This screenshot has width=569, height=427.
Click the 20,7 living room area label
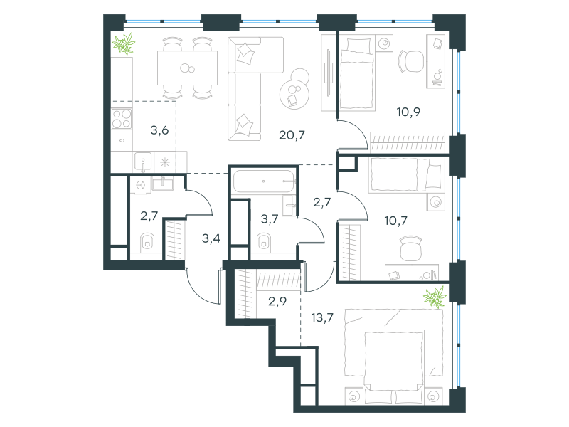(x=292, y=135)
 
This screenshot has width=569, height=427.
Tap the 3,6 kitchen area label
(x=159, y=130)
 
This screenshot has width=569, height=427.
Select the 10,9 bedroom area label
(x=408, y=112)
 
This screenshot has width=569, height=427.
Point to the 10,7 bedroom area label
(x=395, y=221)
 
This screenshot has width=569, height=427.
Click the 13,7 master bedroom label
(x=322, y=317)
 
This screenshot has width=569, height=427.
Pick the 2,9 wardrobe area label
(x=277, y=301)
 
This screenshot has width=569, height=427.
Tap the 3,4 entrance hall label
(x=211, y=238)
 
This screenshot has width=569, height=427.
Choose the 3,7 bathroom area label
(x=270, y=219)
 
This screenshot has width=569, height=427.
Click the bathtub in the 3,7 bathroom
(x=263, y=181)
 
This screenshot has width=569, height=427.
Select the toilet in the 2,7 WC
(x=147, y=242)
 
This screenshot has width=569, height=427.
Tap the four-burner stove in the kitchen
(x=122, y=119)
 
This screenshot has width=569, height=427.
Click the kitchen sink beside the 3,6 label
(x=143, y=162)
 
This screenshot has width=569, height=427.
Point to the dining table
(x=187, y=68)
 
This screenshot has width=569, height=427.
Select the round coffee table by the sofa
(x=294, y=95)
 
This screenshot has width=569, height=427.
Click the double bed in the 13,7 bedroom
(x=394, y=367)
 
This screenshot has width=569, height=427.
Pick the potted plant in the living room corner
(x=124, y=43)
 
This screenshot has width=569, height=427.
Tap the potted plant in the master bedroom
(x=435, y=297)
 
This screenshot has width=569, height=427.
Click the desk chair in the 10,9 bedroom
(x=411, y=61)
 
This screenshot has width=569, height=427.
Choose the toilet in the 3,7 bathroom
(x=264, y=242)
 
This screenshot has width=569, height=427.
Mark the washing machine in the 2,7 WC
(x=140, y=185)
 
